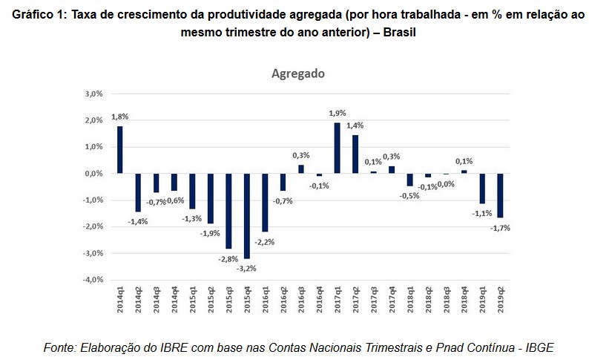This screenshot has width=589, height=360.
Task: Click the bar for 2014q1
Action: [120, 150]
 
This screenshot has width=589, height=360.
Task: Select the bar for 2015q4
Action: [246, 216]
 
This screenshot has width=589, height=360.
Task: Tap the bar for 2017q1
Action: [337, 148]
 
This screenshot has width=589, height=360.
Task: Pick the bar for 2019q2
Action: [500, 195]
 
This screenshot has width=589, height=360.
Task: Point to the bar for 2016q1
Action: [265, 203]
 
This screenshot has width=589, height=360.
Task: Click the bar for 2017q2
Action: [355, 154]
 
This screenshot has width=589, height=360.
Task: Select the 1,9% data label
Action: [338, 113]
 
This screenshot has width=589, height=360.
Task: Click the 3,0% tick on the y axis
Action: [93, 94]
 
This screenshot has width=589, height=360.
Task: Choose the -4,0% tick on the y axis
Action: [93, 280]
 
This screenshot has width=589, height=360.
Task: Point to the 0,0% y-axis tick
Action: [93, 174]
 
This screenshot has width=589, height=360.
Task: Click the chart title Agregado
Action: [298, 74]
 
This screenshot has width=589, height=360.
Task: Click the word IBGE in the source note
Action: [535, 347]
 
